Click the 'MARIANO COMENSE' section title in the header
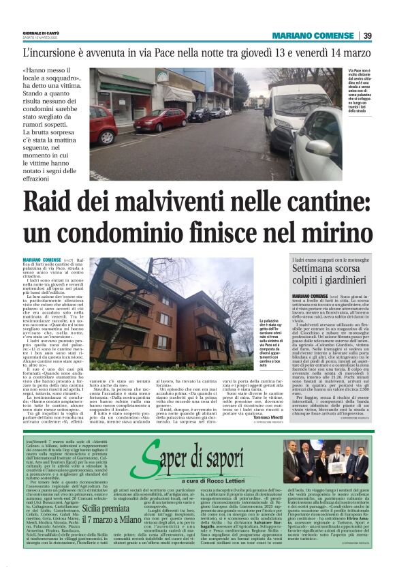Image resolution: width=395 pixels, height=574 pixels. coord(312,36)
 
